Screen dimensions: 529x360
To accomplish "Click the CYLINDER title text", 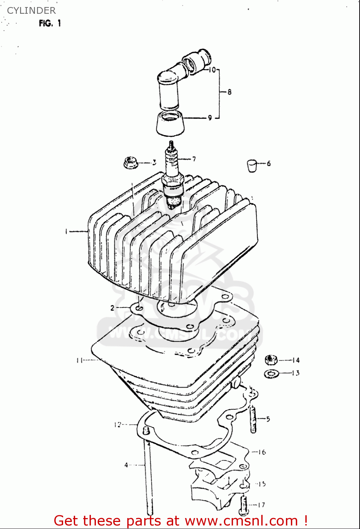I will coord(31,11).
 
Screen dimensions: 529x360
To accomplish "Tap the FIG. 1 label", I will coord(50,23).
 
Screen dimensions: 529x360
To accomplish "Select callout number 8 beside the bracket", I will coord(230,92).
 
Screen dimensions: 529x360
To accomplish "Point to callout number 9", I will coord(210,118).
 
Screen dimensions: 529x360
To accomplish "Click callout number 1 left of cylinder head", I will coord(66,231).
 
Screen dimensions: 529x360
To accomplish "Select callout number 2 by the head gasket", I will coord(112,308).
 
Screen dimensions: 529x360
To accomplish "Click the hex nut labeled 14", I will coord(271,360).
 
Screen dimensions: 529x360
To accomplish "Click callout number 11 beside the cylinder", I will coord(79,360).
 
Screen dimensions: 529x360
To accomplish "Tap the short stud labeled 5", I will coord(253,419).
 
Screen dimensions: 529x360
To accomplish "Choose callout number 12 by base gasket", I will coord(117,425).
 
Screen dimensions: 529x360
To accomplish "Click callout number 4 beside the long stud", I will coord(126,465).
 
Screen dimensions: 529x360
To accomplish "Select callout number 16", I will coord(262,452).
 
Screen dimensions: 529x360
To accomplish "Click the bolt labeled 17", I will coord(243,505).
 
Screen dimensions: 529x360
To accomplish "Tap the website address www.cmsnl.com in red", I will coord(241,521).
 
